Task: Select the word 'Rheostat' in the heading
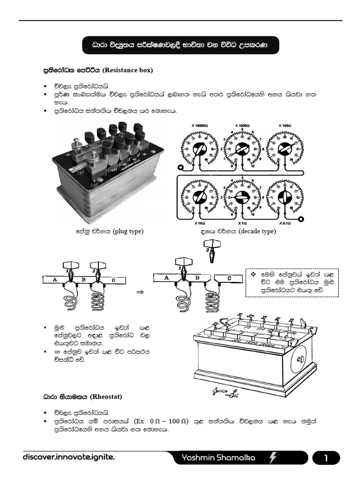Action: tap(106, 397)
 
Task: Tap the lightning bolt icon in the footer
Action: tap(286, 458)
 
